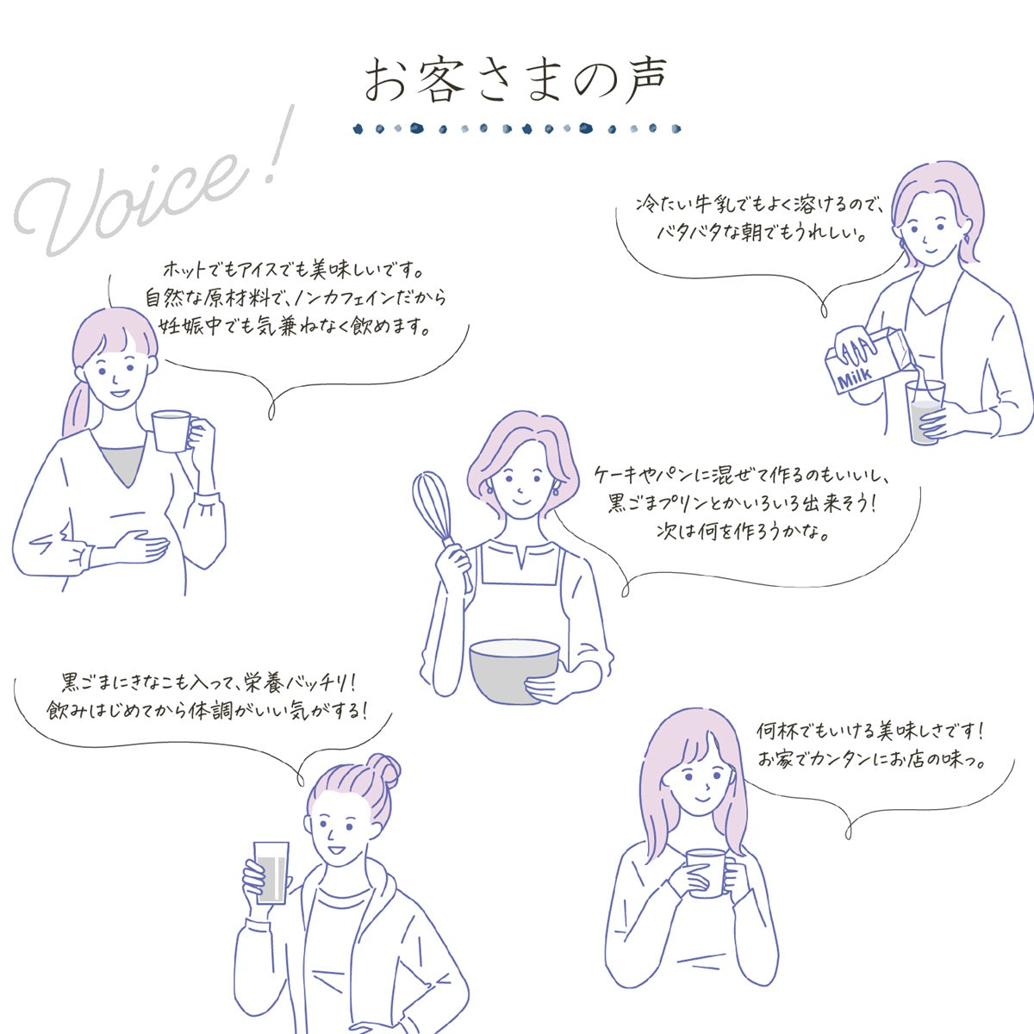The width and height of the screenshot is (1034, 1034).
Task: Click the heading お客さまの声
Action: point(515,80)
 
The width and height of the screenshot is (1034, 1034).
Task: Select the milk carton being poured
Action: point(865,359)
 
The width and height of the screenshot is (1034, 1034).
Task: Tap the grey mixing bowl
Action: point(514,670)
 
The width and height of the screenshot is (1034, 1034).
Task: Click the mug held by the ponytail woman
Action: point(174,430)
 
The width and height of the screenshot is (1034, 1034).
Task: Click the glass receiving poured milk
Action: point(925,411)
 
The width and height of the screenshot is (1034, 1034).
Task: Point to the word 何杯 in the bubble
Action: point(777,731)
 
